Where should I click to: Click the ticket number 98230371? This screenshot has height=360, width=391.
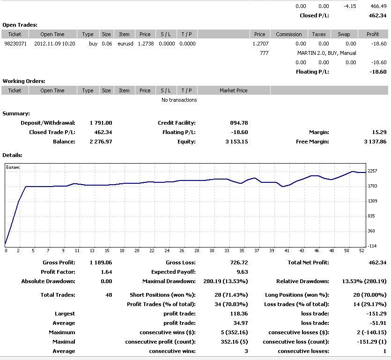click(x=15, y=44)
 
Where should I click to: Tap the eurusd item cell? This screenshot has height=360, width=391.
click(x=124, y=44)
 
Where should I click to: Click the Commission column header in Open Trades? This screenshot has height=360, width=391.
click(x=289, y=34)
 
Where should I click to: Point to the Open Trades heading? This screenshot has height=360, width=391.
click(x=20, y=25)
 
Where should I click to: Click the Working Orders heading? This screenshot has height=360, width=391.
click(x=24, y=81)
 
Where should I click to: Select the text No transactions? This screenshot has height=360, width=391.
click(x=179, y=100)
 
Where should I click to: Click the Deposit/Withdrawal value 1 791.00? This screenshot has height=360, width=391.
click(x=101, y=123)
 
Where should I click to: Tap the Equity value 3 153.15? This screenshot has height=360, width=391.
click(x=236, y=142)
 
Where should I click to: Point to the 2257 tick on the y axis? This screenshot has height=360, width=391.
click(x=373, y=171)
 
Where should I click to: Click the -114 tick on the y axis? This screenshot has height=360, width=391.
click(x=372, y=246)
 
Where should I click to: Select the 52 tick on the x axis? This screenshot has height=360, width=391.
click(x=361, y=251)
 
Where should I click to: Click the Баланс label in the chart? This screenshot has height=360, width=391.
click(x=13, y=167)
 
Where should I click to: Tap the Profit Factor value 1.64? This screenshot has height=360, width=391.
click(x=106, y=272)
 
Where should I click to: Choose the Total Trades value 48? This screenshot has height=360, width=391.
click(x=109, y=295)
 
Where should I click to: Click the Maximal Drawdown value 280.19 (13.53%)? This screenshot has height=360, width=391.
click(x=222, y=281)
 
